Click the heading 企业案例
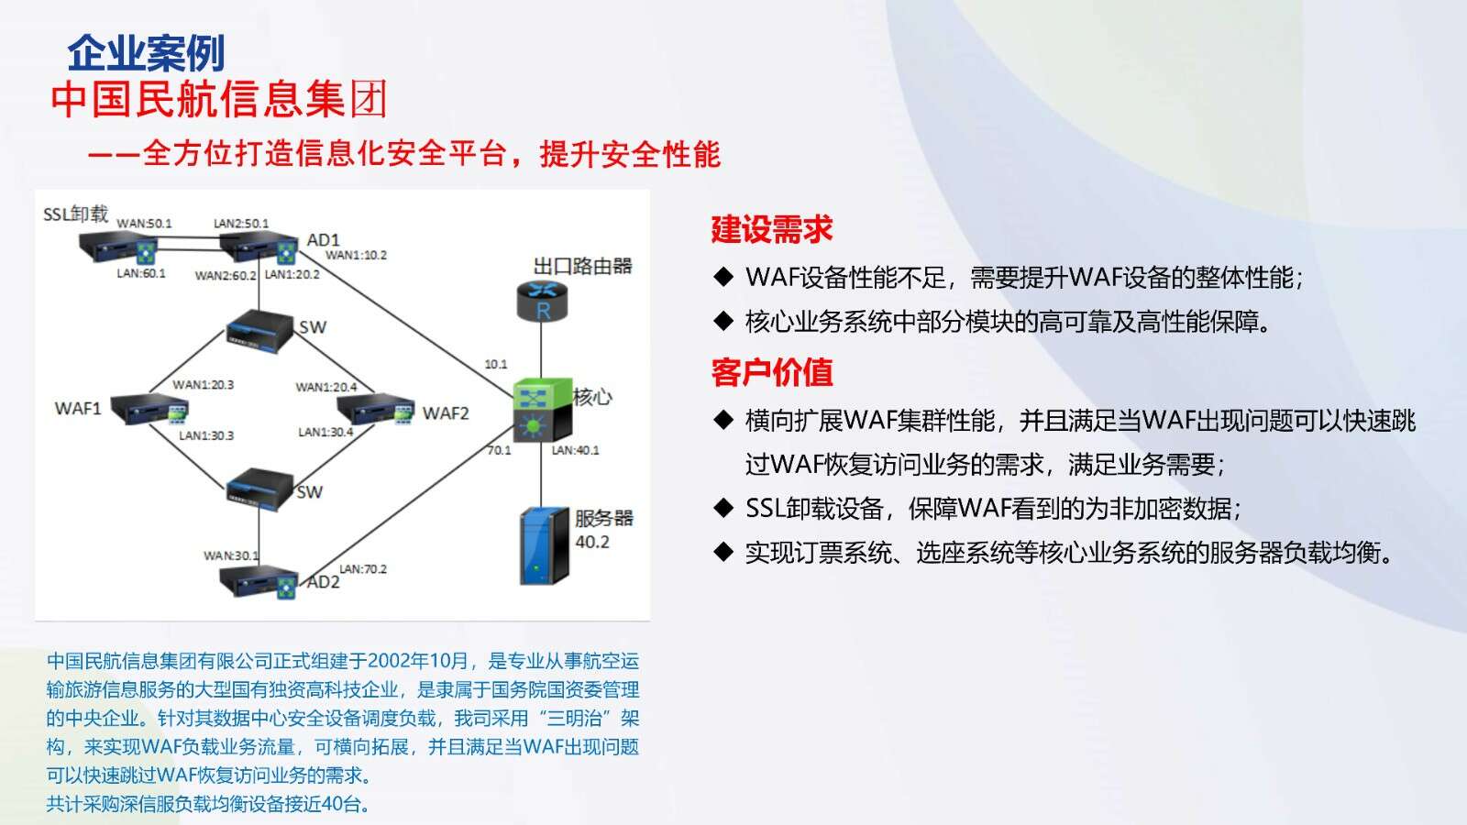click(146, 53)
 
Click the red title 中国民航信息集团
click(219, 100)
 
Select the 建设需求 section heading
click(771, 229)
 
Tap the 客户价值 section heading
click(771, 372)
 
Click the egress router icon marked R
click(542, 301)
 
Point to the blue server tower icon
click(545, 545)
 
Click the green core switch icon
click(543, 409)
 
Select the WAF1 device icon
click(149, 409)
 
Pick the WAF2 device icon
click(376, 409)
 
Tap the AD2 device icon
click(259, 581)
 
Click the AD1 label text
click(323, 239)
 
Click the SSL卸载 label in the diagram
click(75, 214)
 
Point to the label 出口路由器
click(583, 266)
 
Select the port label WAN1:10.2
click(357, 256)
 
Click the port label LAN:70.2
click(363, 569)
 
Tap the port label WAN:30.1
click(231, 555)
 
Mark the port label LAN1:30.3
click(206, 435)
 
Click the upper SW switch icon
click(259, 331)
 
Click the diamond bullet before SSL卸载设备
click(723, 508)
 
